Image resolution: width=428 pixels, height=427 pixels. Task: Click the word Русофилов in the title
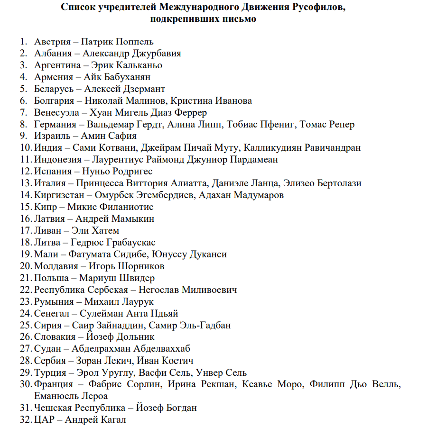coord(322,8)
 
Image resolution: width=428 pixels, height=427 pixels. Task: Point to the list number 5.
coord(23,89)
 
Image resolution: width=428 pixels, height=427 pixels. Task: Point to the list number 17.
coord(25,230)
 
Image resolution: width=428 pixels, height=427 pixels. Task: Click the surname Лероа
coord(92,396)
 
